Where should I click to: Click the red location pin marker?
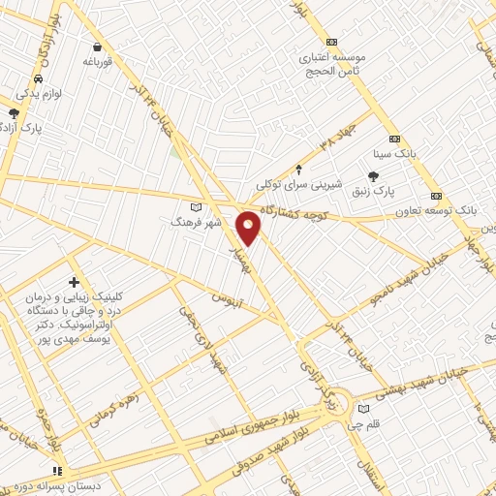249,227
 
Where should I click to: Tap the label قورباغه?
98,61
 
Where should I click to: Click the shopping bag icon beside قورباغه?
97,46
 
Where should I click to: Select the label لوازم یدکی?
39,94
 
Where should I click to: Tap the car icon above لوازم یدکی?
38,79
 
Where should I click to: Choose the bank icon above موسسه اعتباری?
332,42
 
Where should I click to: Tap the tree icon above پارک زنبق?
374,174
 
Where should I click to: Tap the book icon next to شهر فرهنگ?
198,206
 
